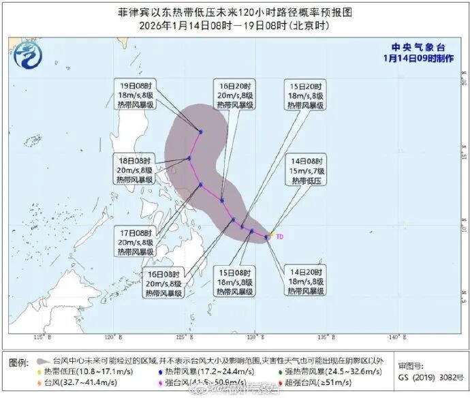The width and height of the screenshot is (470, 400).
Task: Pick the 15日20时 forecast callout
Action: click(x=305, y=95)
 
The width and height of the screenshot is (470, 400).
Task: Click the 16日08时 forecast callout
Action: click(x=163, y=283)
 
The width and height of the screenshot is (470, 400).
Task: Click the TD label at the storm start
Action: click(x=279, y=237)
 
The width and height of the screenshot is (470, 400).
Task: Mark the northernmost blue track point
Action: click(x=201, y=131)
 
